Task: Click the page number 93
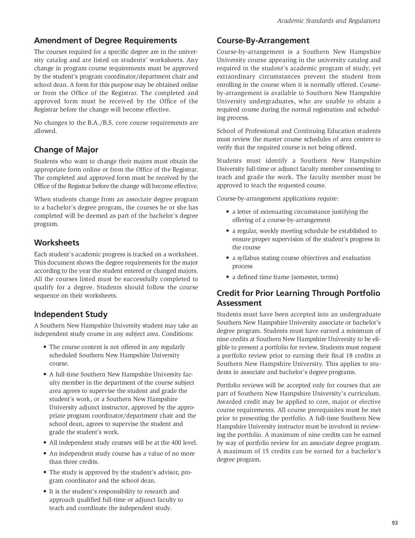pyautogui.click(x=395, y=523)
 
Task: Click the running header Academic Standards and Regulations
pyautogui.click(x=328, y=21)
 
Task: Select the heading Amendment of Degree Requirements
pyautogui.click(x=105, y=41)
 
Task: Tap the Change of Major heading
pyautogui.click(x=66, y=150)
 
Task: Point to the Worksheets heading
pyautogui.click(x=57, y=243)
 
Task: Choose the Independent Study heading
pyautogui.click(x=71, y=314)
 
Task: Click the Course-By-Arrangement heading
pyautogui.click(x=263, y=41)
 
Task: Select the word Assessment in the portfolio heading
pyautogui.click(x=239, y=303)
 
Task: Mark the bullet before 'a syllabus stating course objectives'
pyautogui.click(x=228, y=258)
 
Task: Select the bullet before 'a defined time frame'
pyautogui.click(x=228, y=277)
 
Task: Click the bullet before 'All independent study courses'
pyautogui.click(x=45, y=443)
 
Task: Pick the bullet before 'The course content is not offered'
pyautogui.click(x=45, y=347)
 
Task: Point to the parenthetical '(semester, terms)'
pyautogui.click(x=315, y=277)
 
